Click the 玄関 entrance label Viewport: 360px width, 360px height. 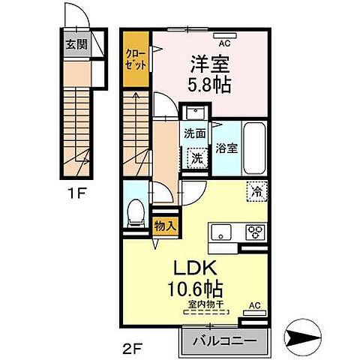point(76,43)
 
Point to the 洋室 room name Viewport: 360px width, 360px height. point(209,62)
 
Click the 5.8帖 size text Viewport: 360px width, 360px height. point(209,85)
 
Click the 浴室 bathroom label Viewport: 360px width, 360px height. point(226,148)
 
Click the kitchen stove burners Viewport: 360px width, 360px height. point(254,231)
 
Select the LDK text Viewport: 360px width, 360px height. point(197,268)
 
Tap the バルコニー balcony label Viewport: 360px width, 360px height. point(223,340)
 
